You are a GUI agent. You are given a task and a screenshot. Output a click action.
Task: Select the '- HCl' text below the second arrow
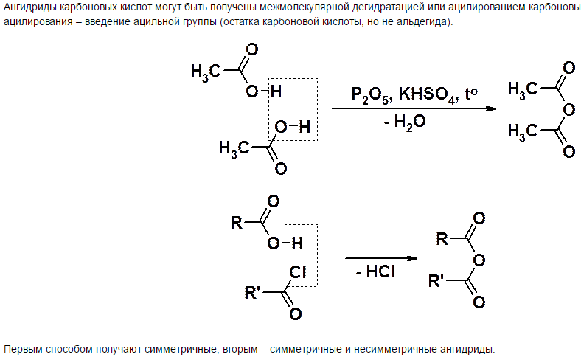375,271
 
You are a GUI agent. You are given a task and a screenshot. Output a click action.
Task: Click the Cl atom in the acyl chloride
297,271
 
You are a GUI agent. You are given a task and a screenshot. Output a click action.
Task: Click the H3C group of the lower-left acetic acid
234,148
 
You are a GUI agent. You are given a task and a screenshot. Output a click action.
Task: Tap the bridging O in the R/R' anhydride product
479,260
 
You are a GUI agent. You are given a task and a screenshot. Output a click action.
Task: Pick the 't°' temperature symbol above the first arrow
470,94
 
